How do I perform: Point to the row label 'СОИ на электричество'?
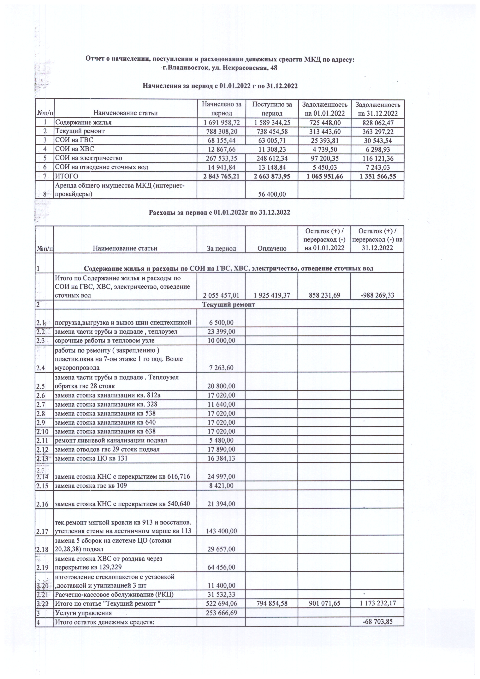(89, 158)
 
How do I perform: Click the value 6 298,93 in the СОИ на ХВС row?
(377, 149)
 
